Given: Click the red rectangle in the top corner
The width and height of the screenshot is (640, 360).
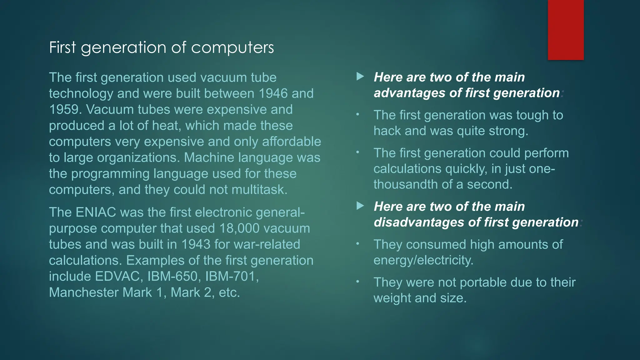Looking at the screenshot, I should [566, 30].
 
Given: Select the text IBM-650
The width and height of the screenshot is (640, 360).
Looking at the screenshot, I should [172, 276].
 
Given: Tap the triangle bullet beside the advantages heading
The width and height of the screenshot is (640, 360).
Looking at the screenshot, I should [360, 77].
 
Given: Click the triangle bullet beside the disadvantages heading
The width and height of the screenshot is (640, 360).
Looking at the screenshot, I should [360, 206].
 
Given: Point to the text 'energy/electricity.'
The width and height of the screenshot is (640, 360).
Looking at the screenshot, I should [423, 260].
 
